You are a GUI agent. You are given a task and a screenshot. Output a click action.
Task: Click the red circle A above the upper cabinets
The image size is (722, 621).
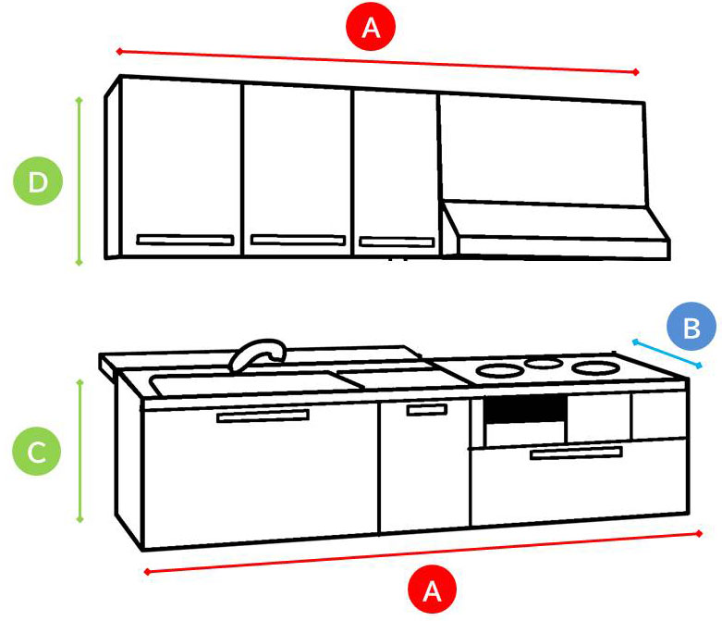(x=371, y=27)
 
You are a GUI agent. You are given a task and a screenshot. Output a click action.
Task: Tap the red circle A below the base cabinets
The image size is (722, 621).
(x=432, y=590)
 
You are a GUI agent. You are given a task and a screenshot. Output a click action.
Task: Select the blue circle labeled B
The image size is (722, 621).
(x=691, y=328)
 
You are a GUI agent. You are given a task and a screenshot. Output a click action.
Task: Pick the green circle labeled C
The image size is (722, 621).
(x=36, y=452)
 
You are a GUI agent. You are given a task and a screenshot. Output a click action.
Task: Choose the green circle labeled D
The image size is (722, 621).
(x=37, y=181)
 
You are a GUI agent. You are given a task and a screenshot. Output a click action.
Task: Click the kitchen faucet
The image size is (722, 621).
(x=258, y=354)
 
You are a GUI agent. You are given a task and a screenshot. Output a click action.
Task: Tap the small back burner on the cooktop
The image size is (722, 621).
(x=544, y=363)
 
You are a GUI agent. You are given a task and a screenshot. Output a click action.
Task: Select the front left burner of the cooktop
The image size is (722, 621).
(x=499, y=371)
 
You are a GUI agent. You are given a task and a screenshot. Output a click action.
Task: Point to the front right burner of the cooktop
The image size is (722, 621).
(x=595, y=368)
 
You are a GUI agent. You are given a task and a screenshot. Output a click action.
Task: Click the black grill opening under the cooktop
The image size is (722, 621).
(x=525, y=408)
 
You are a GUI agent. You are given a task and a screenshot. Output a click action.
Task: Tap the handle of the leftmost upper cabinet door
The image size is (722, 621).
(x=185, y=240)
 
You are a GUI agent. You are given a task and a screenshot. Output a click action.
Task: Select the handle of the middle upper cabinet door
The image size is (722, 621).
(x=298, y=240)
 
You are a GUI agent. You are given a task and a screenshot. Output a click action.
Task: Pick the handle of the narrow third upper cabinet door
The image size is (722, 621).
(x=397, y=242)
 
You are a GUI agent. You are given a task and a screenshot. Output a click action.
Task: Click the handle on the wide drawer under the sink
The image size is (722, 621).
(x=263, y=416)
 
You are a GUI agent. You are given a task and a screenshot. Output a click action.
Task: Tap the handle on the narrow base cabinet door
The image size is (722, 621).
(x=427, y=409)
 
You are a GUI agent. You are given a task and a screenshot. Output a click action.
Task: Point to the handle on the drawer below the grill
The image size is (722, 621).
(x=576, y=453)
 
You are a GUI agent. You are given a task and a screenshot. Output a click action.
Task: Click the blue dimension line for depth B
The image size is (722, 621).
(x=667, y=354)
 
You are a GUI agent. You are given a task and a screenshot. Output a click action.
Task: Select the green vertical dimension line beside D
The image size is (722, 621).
(x=80, y=181)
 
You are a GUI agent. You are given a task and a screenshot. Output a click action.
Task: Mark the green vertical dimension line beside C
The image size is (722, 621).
(x=80, y=452)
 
